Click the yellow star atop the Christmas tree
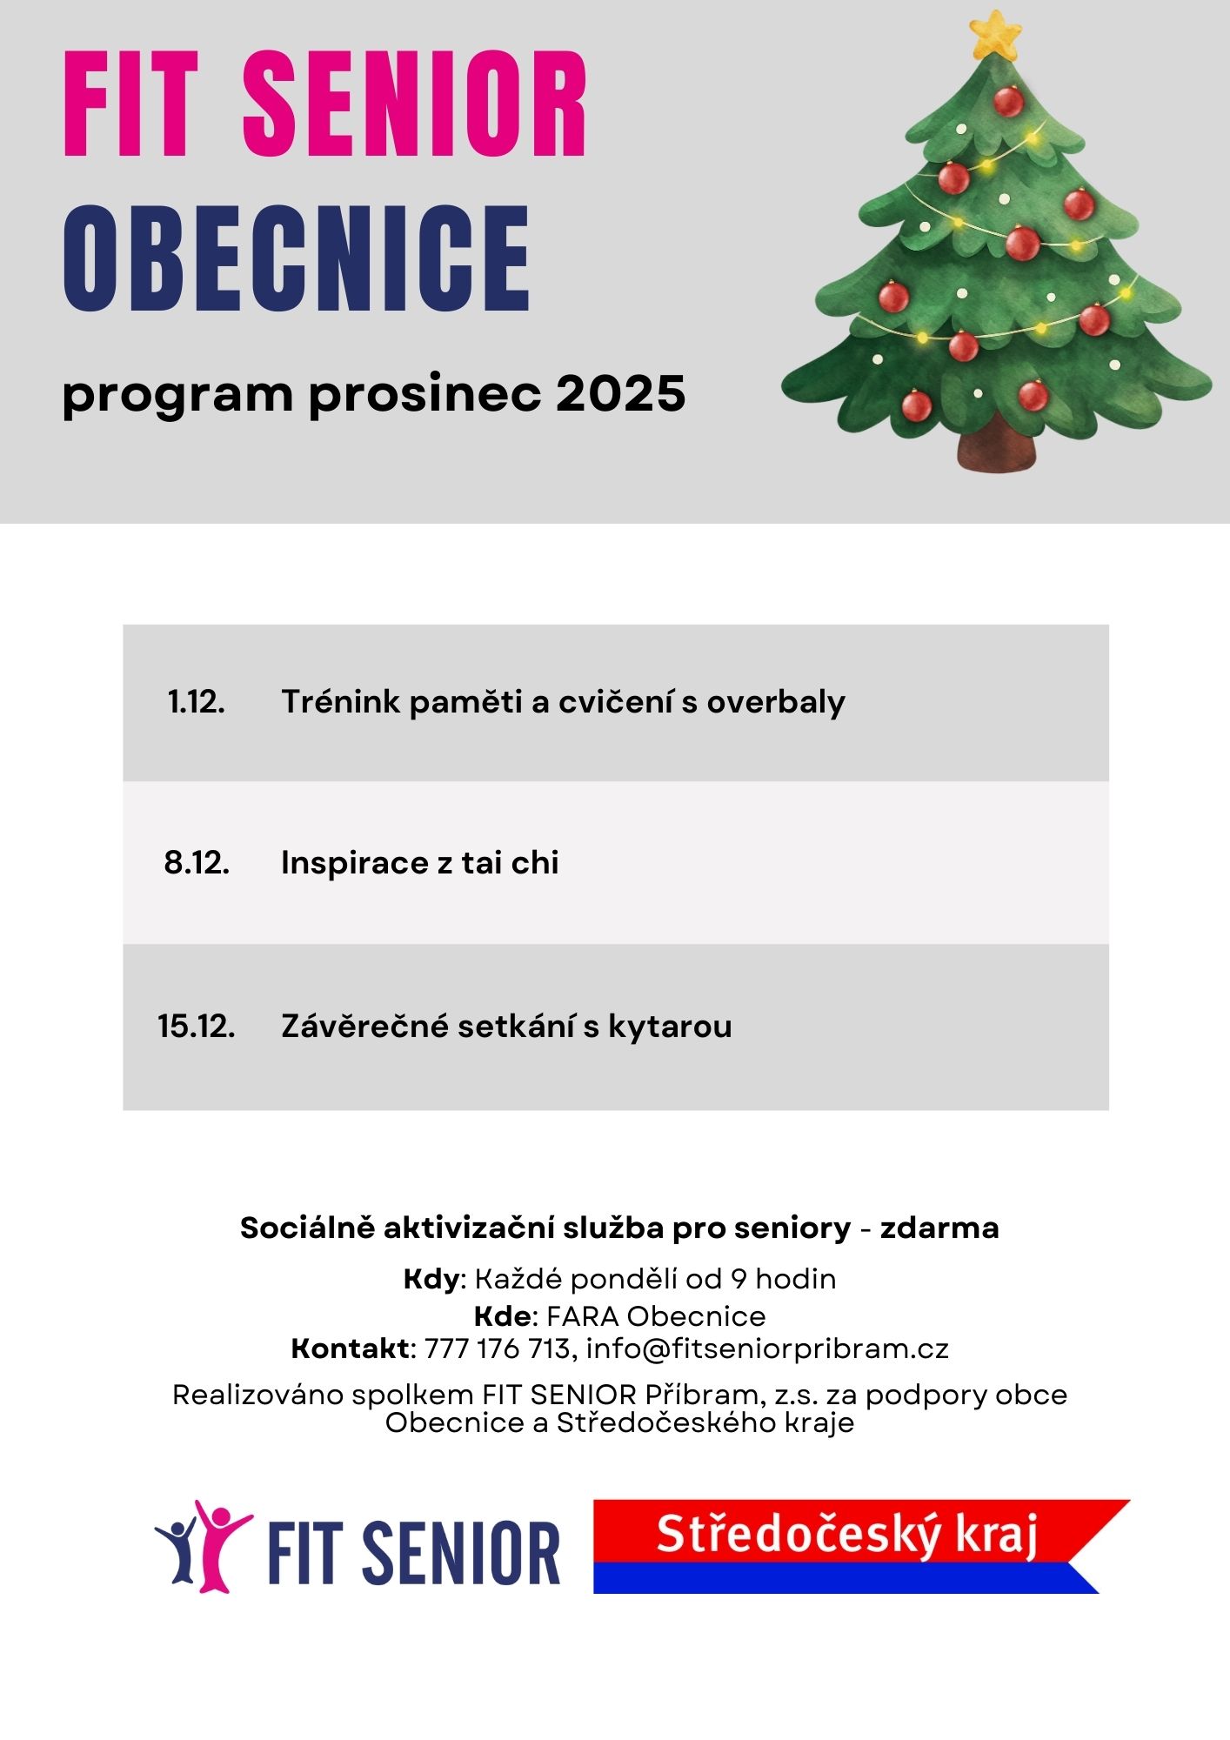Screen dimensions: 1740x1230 tap(994, 36)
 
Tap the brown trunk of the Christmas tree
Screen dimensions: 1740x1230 tap(997, 445)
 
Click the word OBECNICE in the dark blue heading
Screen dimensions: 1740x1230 tap(297, 258)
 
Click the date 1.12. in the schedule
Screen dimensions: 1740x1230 tap(197, 702)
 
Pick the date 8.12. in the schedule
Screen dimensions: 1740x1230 tap(197, 863)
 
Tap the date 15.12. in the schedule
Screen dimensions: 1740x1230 tap(197, 1027)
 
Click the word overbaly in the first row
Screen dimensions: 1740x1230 tap(775, 702)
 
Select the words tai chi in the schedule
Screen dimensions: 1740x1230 tap(510, 863)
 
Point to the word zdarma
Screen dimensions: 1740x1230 tap(939, 1228)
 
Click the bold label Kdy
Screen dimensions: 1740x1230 tap(431, 1279)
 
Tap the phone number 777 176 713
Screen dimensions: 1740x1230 tap(497, 1348)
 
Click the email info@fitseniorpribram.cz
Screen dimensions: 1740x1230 tap(767, 1348)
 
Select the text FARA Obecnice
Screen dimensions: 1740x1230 tap(656, 1315)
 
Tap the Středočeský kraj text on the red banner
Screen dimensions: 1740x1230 tap(846, 1533)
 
